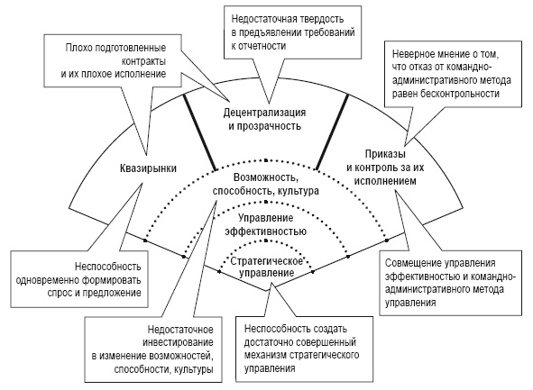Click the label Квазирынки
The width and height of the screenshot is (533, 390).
146,167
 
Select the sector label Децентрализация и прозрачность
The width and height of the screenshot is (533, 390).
266,120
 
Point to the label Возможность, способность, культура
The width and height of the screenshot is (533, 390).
265,184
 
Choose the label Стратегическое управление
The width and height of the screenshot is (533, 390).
266,266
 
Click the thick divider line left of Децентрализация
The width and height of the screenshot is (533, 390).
199,131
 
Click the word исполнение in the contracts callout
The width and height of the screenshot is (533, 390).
152,71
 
